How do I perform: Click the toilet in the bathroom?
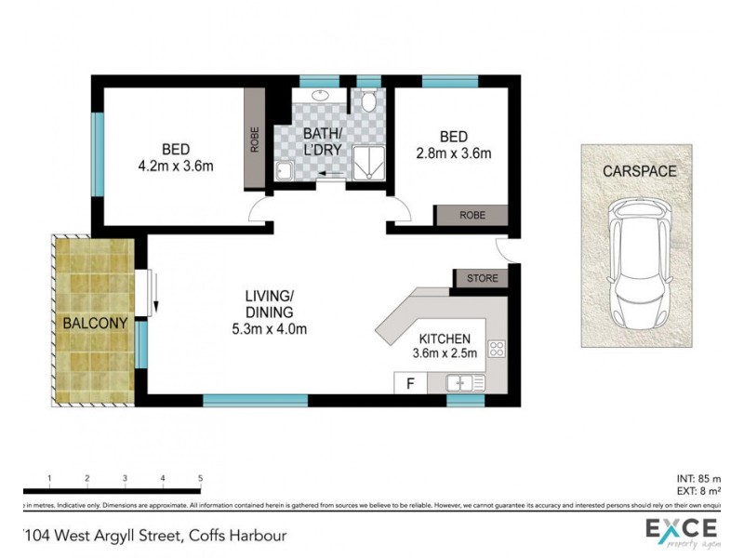[x=369, y=100]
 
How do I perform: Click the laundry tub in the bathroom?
[x=284, y=168]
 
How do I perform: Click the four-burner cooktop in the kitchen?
[x=497, y=351]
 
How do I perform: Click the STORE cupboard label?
[x=481, y=278]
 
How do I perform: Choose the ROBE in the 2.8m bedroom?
[x=472, y=215]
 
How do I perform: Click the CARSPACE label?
[x=639, y=172]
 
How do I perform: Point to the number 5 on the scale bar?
[x=200, y=478]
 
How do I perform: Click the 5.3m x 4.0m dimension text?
[x=270, y=328]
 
